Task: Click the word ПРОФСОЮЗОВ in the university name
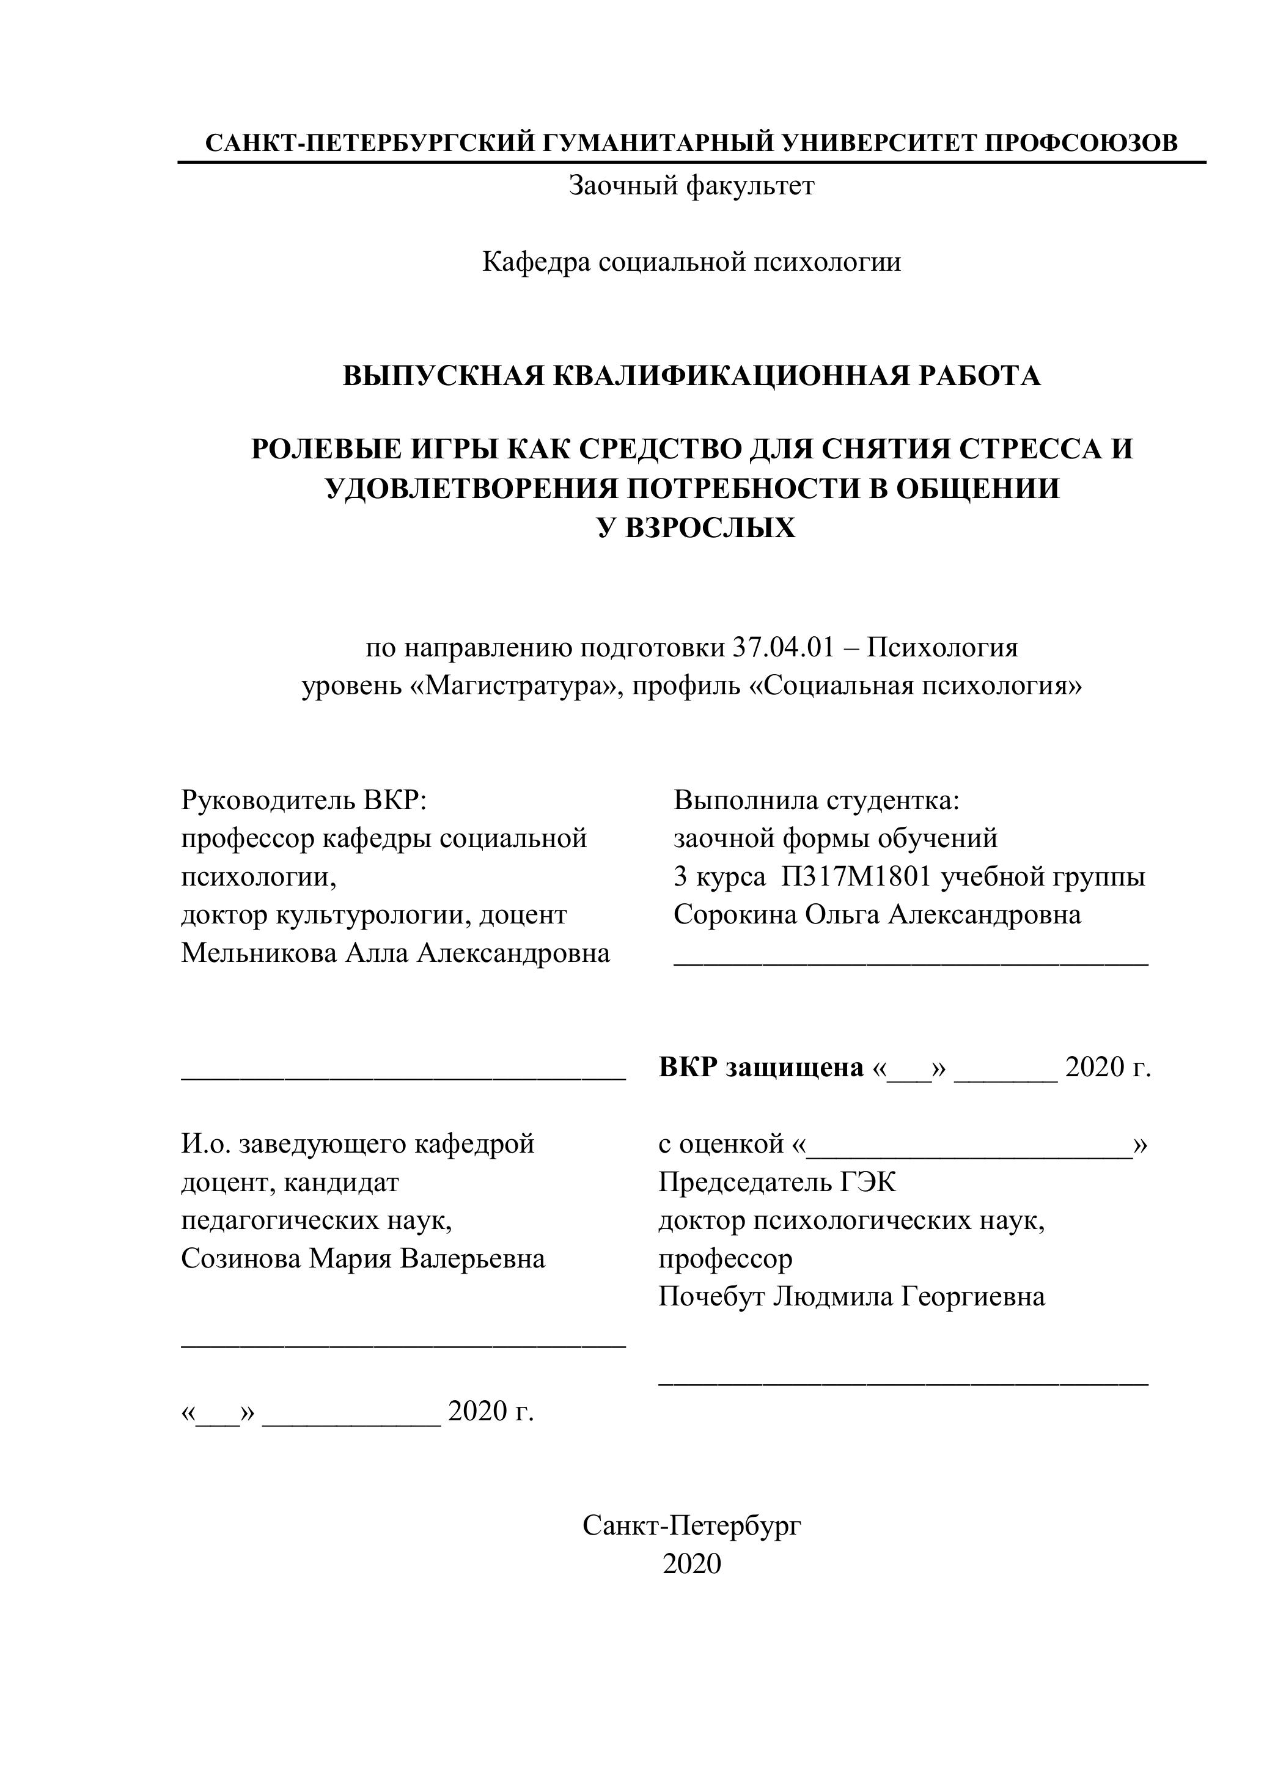pyautogui.click(x=1081, y=143)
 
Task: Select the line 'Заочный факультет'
pyautogui.click(x=691, y=186)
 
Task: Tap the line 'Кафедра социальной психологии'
pyautogui.click(x=691, y=262)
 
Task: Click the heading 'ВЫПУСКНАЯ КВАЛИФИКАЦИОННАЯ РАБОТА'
pyautogui.click(x=691, y=376)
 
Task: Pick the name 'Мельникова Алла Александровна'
pyautogui.click(x=395, y=953)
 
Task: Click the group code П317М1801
pyautogui.click(x=856, y=877)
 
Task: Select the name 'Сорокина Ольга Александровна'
pyautogui.click(x=877, y=914)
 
